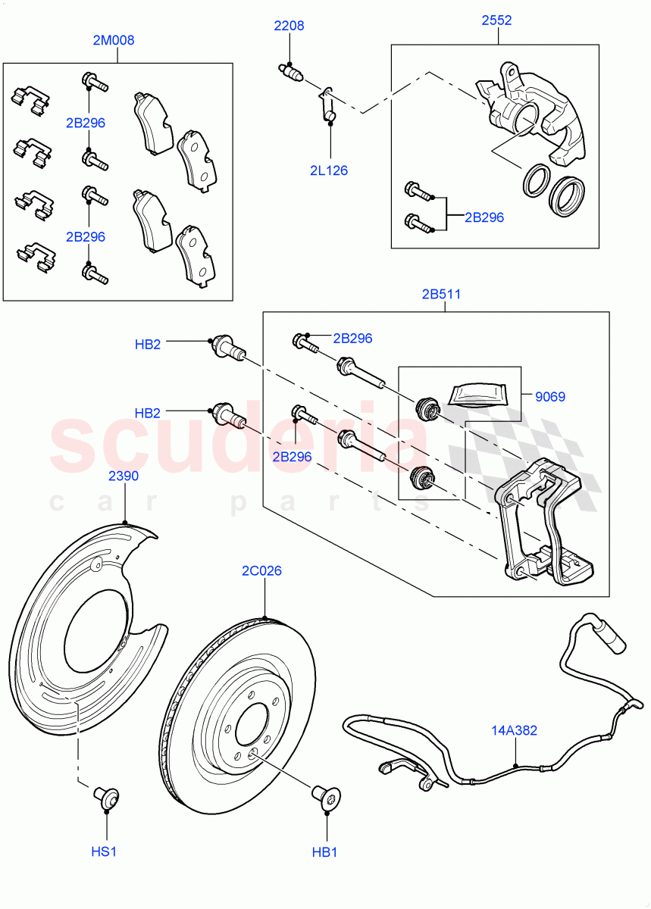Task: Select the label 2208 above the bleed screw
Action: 289,26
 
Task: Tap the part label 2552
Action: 496,20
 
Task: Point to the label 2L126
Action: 329,170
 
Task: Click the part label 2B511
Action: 442,294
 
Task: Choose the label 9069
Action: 549,396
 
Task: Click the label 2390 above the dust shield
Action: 124,476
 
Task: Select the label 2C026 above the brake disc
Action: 262,570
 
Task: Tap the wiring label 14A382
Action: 515,730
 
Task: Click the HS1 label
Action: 105,852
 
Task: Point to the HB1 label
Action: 324,852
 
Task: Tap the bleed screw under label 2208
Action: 290,72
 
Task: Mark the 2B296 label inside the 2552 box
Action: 484,217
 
